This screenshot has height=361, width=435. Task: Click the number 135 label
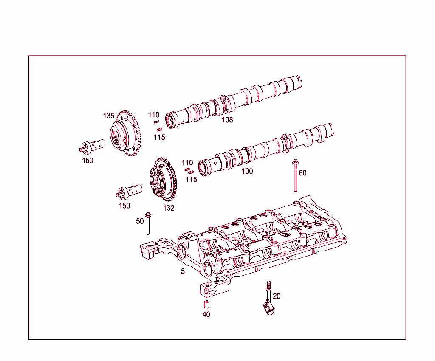tap(109, 116)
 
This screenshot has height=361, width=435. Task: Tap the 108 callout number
tap(227, 120)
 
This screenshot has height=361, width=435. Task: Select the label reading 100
tap(247, 171)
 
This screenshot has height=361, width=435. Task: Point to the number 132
tap(169, 208)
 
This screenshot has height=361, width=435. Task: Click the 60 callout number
tap(302, 173)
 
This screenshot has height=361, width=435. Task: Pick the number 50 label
tap(140, 221)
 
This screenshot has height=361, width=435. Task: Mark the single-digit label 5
tap(183, 271)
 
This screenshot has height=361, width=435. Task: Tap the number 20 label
tap(277, 296)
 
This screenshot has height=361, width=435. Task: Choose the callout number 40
tap(206, 315)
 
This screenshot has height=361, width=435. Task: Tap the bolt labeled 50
tap(148, 224)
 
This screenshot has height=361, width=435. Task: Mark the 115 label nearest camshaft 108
tap(159, 137)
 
